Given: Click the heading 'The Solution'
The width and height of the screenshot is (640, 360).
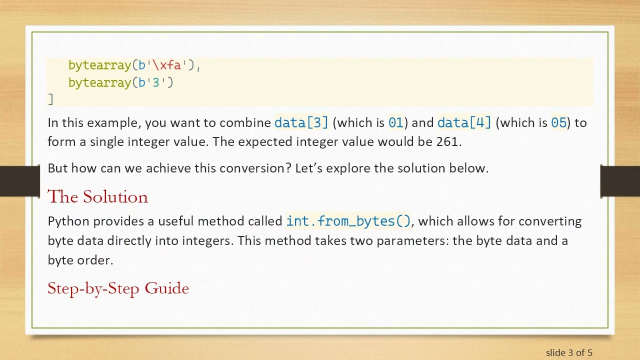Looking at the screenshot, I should click(97, 197).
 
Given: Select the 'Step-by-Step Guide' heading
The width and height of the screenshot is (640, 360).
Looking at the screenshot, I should click(118, 288).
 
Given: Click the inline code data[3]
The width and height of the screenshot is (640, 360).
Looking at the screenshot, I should click(301, 122).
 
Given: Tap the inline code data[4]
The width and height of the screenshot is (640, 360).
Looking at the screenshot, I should click(464, 122).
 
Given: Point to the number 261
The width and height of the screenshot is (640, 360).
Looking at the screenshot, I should click(447, 141).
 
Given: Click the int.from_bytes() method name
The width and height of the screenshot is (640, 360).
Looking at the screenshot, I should click(348, 221).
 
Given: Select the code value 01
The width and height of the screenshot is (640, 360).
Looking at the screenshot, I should click(395, 122).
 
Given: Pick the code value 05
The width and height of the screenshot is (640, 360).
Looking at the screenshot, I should click(558, 122).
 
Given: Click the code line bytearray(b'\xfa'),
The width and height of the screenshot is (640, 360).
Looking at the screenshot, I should click(134, 65).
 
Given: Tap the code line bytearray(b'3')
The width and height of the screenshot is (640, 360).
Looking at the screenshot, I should click(120, 82).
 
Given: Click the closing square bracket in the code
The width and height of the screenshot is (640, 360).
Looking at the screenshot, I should click(50, 99).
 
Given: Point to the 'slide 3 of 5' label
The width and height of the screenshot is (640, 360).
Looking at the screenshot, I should click(569, 352).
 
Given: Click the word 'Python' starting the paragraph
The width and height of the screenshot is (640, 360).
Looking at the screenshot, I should click(68, 221).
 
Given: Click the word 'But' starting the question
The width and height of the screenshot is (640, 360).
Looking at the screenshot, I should click(57, 168).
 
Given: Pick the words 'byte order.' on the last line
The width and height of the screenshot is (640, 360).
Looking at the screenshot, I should click(80, 260).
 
